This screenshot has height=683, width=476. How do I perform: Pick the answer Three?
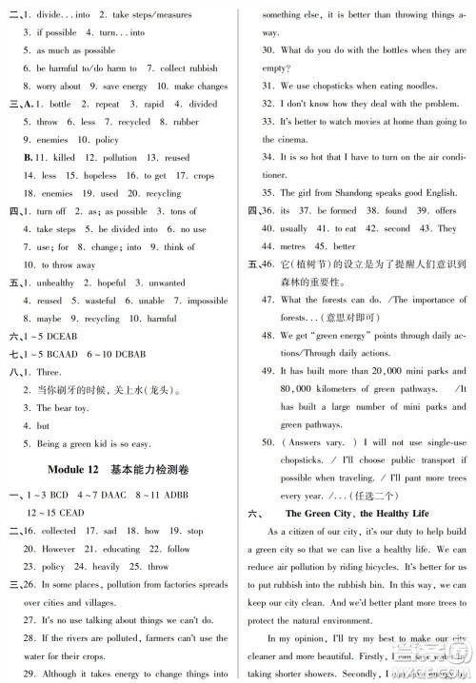click(x=49, y=374)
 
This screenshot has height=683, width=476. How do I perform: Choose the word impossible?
click(x=207, y=300)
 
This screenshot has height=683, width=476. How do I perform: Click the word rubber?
click(x=187, y=122)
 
